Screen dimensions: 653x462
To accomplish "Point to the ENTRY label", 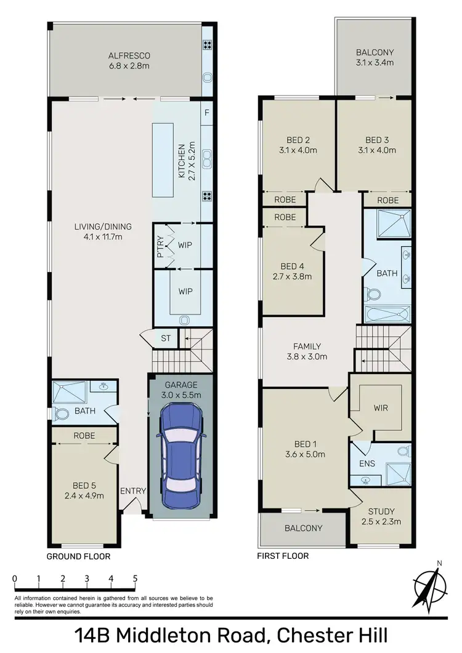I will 133,491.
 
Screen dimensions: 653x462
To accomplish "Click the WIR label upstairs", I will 381,408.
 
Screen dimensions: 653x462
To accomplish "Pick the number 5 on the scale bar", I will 134,579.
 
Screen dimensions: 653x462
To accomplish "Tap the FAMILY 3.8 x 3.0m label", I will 307,351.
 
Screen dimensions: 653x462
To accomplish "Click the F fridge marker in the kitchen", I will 206,113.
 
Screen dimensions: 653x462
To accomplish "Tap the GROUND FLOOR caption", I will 79,556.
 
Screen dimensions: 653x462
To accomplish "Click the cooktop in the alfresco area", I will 208,45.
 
